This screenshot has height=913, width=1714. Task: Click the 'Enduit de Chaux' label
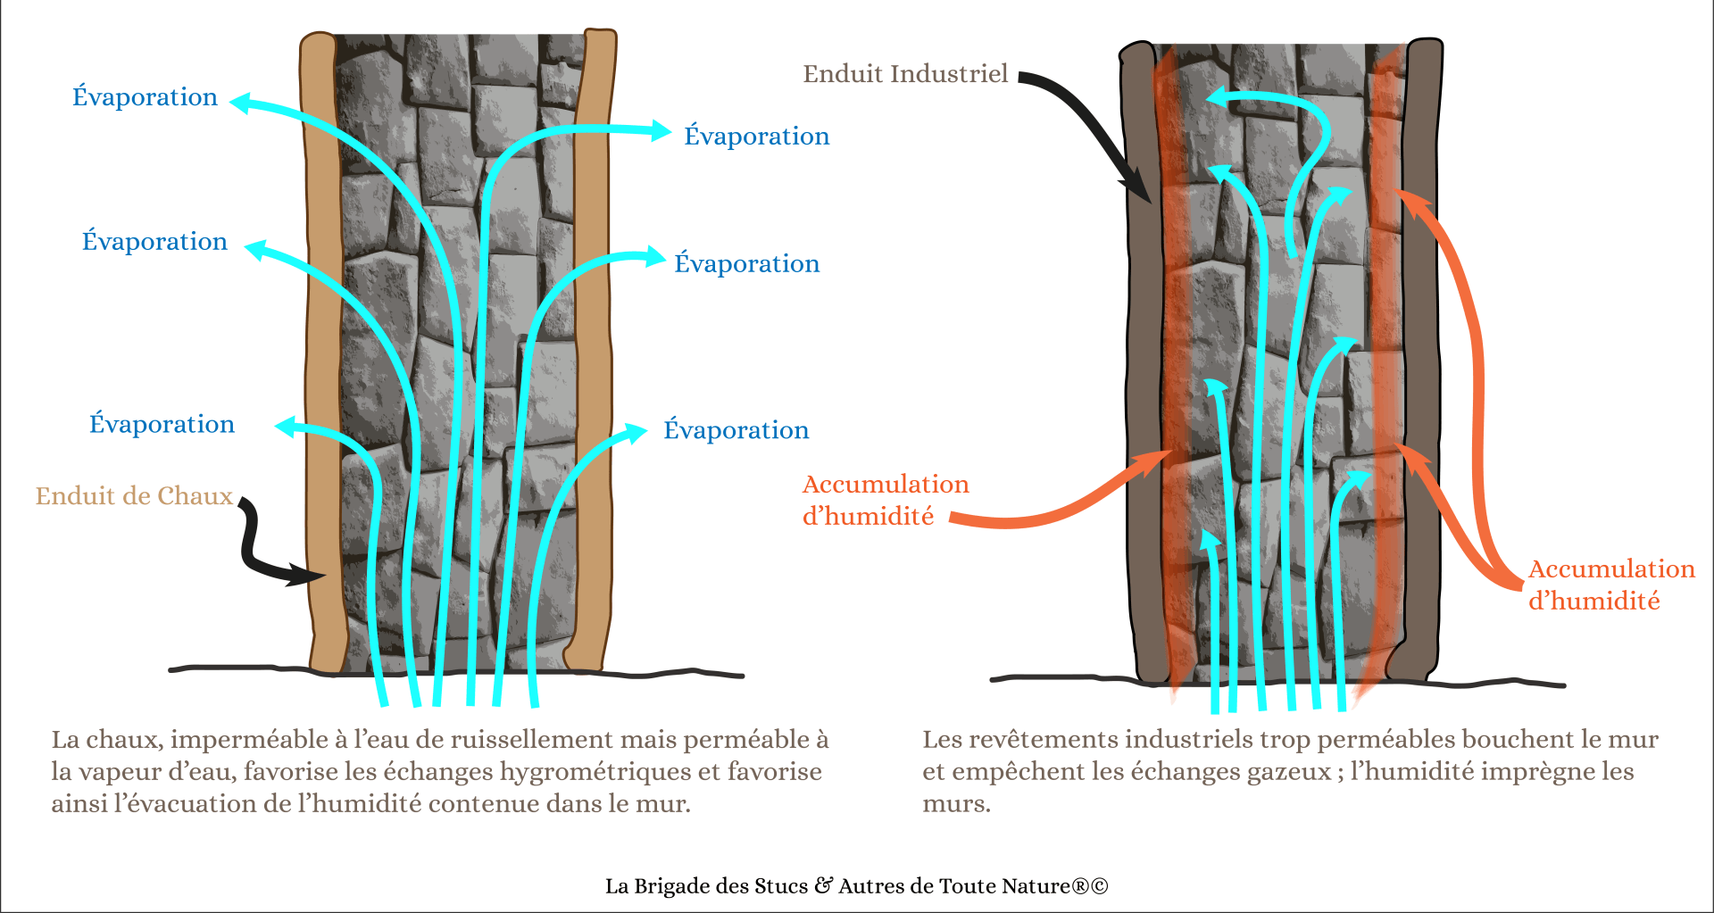[x=134, y=496]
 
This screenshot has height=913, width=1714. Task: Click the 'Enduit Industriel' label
[x=905, y=74]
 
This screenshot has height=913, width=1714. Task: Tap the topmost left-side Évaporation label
[x=145, y=96]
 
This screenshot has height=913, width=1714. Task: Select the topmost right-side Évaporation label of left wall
[x=756, y=136]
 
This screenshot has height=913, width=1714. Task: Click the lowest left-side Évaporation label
[x=162, y=424]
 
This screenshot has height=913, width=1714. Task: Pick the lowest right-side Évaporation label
[x=736, y=430]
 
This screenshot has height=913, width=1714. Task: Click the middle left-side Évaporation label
[x=154, y=242]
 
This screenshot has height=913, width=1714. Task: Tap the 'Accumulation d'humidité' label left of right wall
[x=884, y=500]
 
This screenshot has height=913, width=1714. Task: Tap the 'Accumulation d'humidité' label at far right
[x=1610, y=585]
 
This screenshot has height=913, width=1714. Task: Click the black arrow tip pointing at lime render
[x=314, y=577]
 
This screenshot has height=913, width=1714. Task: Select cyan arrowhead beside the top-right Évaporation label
[x=661, y=131]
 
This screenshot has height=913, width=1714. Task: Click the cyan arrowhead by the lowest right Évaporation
[x=637, y=433]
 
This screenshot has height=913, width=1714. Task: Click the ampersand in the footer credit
[x=823, y=885]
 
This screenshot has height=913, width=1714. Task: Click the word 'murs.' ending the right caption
[x=956, y=804]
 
